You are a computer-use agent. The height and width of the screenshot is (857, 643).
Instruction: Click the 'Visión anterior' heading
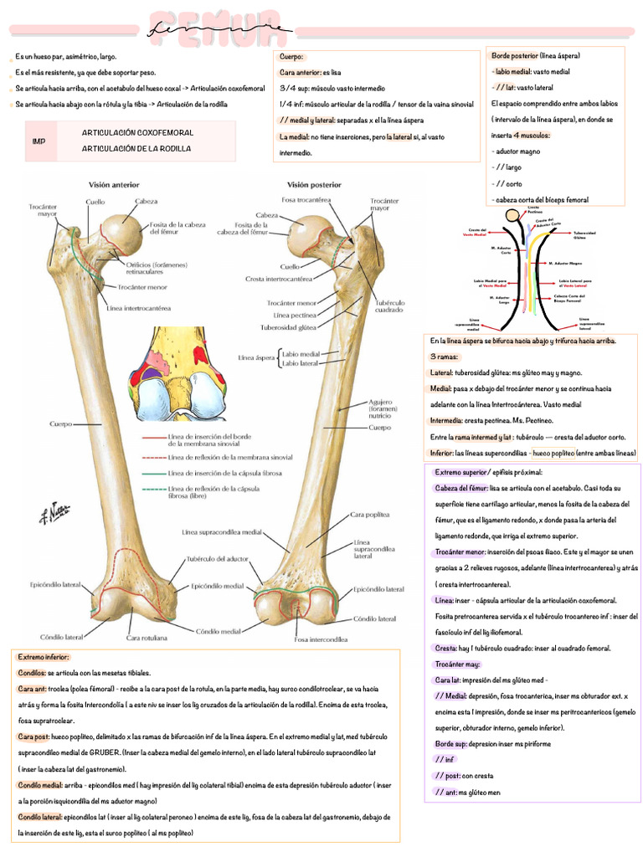pos(115,185)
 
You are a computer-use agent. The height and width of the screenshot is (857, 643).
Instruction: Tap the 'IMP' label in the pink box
pos(39,141)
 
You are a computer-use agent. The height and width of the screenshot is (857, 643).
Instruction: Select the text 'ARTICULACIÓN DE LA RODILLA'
pos(136,148)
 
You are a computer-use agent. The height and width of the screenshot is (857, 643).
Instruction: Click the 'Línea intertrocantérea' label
pos(139,308)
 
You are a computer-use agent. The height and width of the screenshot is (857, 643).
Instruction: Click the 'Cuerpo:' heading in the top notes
pos(292,57)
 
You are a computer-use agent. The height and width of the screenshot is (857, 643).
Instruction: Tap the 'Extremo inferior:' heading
pos(44,658)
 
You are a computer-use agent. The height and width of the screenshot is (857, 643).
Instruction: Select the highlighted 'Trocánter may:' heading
pos(456,664)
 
